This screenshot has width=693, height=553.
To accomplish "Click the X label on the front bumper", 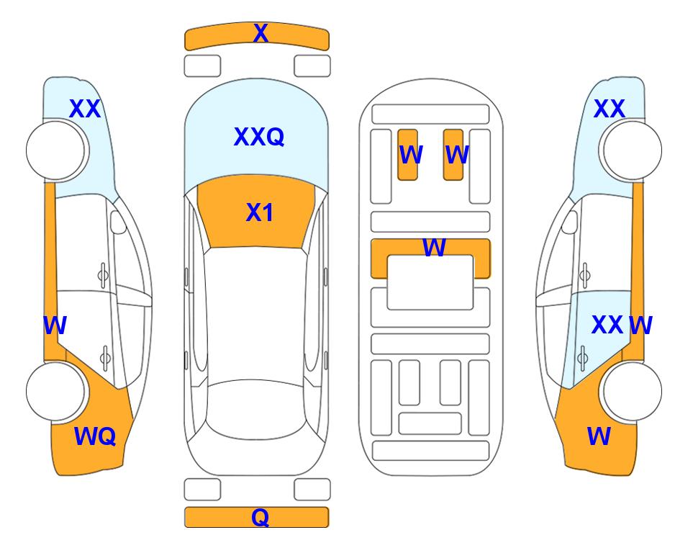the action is [261, 33].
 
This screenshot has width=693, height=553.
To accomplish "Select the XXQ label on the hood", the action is [258, 137].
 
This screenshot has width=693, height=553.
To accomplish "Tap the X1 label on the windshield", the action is [260, 212].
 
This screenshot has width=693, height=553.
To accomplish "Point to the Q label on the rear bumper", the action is [261, 517].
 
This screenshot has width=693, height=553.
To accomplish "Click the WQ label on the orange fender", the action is [95, 436].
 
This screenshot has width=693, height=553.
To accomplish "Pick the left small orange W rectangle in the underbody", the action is [407, 155].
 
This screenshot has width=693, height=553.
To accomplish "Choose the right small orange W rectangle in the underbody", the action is [453, 155].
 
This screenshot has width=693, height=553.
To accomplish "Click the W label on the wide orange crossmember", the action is [434, 247].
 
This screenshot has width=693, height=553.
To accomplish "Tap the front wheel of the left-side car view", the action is [55, 150].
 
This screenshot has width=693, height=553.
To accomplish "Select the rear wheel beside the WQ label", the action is [55, 391].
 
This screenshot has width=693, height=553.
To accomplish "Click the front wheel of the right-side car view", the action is [633, 150].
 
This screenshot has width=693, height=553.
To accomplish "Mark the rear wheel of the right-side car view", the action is [633, 391].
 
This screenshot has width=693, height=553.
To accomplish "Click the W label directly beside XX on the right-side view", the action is [641, 325].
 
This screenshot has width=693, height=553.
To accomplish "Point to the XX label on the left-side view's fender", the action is [85, 109].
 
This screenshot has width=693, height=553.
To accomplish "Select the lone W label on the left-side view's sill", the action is [55, 325].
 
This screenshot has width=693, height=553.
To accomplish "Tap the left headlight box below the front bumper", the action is [202, 66].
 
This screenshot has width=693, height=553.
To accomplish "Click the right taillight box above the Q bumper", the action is [312, 490].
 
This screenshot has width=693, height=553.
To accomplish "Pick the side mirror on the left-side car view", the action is [117, 222].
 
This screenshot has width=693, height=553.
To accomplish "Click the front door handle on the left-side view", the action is [103, 275].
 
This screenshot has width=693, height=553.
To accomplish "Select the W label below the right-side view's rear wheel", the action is [599, 436].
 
